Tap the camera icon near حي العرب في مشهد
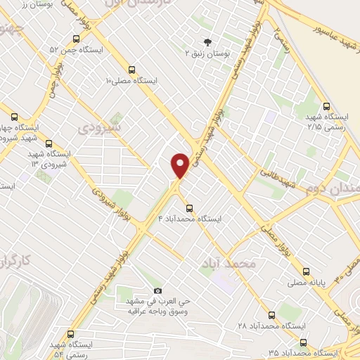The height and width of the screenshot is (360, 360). coord(157,290)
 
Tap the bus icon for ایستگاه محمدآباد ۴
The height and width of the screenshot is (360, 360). coord(189,207)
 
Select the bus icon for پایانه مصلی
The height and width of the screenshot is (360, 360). coord(305,271)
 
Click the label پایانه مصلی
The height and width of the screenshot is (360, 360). coord(305,283)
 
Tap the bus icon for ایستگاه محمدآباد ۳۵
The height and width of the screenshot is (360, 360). coord(303,342)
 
